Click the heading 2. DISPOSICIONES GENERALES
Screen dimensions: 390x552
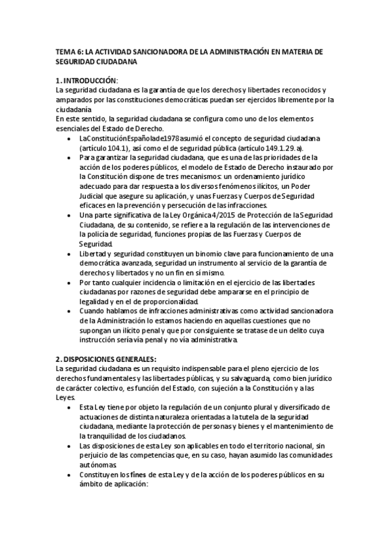[x=106, y=359]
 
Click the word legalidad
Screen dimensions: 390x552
[x=95, y=301]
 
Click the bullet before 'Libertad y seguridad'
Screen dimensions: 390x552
[x=70, y=254]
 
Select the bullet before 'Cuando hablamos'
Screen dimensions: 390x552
[x=70, y=311]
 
